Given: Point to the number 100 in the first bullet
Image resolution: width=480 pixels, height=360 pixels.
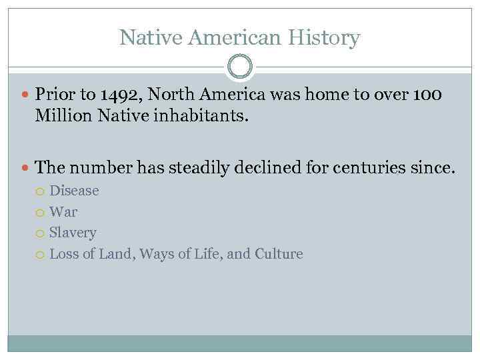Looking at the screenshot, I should point(427,95).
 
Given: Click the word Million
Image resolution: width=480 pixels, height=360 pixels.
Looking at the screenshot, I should point(64,117).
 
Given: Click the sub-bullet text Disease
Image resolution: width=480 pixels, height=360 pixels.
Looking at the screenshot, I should point(74,191).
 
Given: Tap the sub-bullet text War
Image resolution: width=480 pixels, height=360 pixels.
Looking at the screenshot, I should point(63,212).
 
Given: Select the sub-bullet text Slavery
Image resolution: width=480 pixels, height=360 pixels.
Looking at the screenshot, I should point(73,233).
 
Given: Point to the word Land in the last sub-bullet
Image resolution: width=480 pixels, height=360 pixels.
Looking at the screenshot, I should point(113,254).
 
